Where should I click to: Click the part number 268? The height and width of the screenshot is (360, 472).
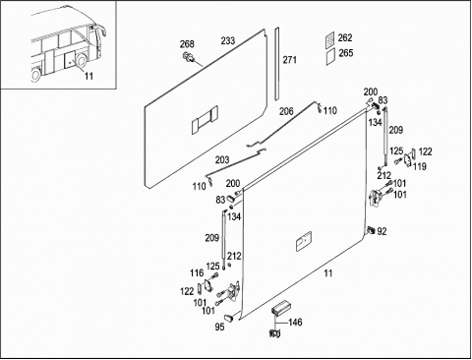pyautogui.click(x=187, y=44)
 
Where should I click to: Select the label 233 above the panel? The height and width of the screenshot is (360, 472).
pyautogui.click(x=228, y=40)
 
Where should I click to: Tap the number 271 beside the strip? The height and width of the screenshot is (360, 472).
pyautogui.click(x=290, y=60)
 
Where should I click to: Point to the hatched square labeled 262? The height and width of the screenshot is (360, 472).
pyautogui.click(x=330, y=39)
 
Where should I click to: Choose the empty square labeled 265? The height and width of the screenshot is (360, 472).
pyautogui.click(x=330, y=57)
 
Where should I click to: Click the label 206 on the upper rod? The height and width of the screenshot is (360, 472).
pyautogui.click(x=286, y=111)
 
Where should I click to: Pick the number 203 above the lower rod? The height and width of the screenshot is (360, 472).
pyautogui.click(x=222, y=160)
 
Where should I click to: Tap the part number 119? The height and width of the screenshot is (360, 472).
pyautogui.click(x=420, y=166)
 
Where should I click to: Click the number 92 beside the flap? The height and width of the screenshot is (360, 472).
pyautogui.click(x=382, y=231)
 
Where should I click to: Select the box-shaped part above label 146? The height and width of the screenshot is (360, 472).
pyautogui.click(x=279, y=307)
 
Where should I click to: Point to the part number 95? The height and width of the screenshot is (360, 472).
pyautogui.click(x=219, y=327)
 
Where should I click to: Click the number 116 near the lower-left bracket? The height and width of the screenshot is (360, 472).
pyautogui.click(x=197, y=272)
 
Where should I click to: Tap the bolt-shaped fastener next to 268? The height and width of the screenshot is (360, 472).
pyautogui.click(x=189, y=56)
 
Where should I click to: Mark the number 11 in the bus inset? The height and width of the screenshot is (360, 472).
pyautogui.click(x=88, y=76)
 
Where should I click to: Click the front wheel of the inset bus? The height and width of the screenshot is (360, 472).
pyautogui.click(x=81, y=61)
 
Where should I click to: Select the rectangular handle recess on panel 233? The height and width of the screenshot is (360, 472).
pyautogui.click(x=205, y=119)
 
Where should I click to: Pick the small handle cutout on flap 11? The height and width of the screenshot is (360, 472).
pyautogui.click(x=304, y=241)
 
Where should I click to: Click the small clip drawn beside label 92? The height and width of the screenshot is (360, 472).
pyautogui.click(x=371, y=230)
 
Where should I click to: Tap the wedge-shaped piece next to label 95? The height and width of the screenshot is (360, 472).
pyautogui.click(x=229, y=317)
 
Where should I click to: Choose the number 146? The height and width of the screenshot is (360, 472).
pyautogui.click(x=295, y=323)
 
